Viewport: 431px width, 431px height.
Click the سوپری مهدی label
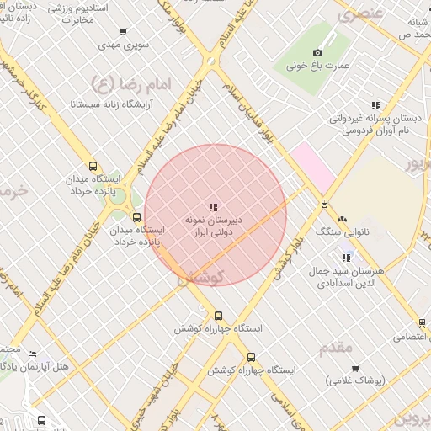122,44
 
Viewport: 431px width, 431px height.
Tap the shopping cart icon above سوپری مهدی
123,32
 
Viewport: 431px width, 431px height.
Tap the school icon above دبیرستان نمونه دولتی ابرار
213,206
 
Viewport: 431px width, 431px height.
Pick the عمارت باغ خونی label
319,64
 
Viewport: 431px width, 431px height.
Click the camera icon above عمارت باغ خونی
318,52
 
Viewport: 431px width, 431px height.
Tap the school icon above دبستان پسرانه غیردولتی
375,106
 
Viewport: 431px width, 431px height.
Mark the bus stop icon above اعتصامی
422,323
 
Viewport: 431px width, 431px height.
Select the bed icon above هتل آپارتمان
31,354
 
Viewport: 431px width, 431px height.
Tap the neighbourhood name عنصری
360,14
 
